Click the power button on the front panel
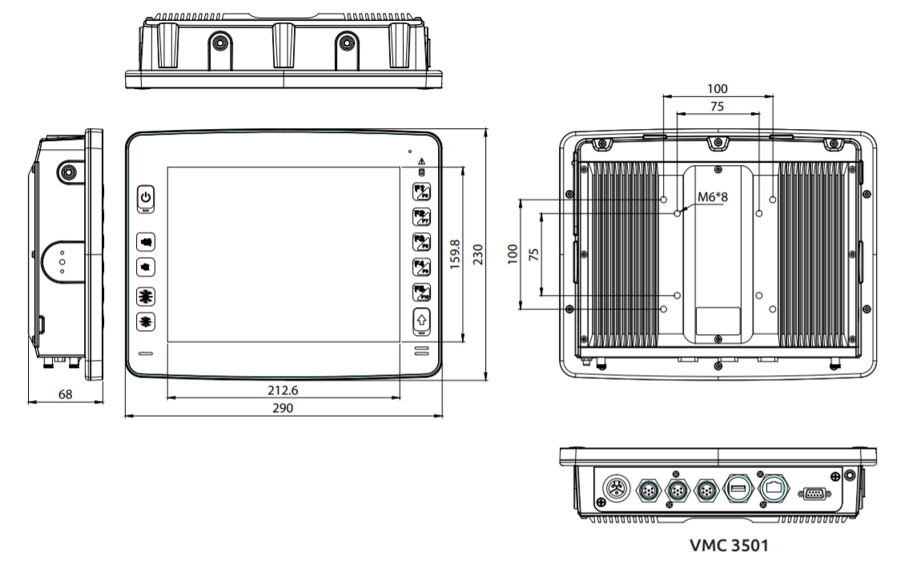click(x=145, y=197)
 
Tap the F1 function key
click(x=421, y=192)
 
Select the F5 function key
click(x=421, y=293)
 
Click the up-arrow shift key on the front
click(x=421, y=321)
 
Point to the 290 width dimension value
click(x=283, y=408)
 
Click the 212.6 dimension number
click(x=283, y=390)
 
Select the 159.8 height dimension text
click(x=455, y=254)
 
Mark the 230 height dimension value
click(x=479, y=256)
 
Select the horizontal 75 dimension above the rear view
click(x=717, y=107)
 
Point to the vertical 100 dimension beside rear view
click(x=512, y=254)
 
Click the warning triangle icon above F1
click(x=421, y=163)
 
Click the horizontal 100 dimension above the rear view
click(x=717, y=89)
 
